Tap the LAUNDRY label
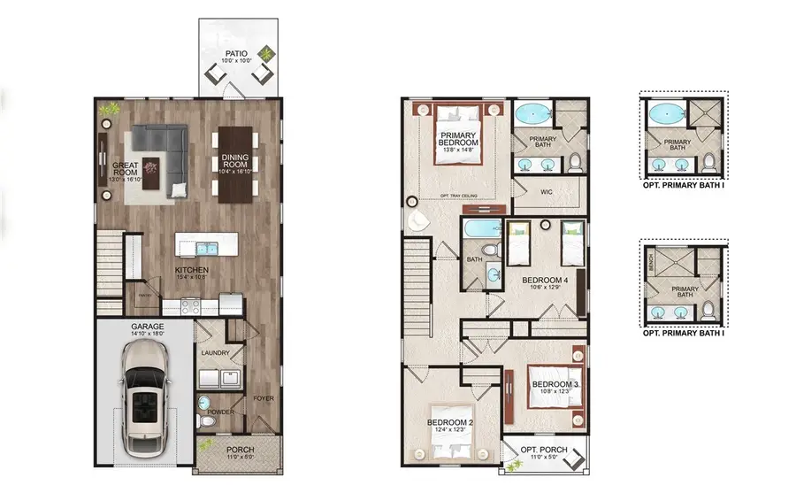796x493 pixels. pyautogui.click(x=215, y=353)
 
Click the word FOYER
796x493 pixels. pyautogui.click(x=263, y=398)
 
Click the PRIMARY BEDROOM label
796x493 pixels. pyautogui.click(x=456, y=137)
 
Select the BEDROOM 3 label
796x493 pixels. pyautogui.click(x=554, y=383)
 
